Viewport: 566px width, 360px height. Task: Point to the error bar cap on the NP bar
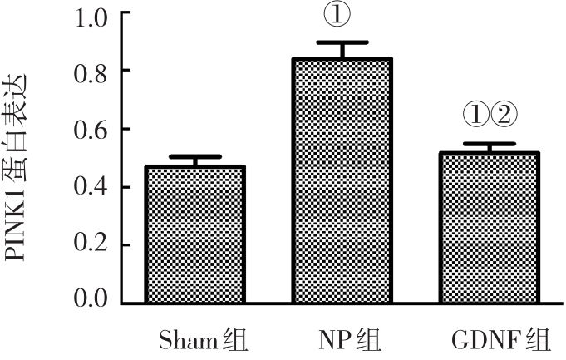tap(342, 42)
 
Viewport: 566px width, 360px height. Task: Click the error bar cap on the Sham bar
tap(195, 156)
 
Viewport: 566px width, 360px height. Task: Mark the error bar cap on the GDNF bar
tap(490, 144)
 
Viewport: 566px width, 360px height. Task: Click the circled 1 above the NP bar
tap(342, 15)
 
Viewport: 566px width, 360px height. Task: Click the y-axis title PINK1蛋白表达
tap(18, 166)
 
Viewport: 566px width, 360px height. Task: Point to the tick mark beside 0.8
tap(124, 72)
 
